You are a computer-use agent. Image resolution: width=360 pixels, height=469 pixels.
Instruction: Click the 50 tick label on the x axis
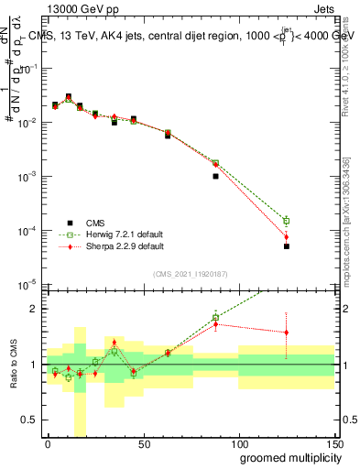pos(143,444)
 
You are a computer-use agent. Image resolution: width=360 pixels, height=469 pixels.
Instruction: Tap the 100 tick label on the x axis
pos(238,444)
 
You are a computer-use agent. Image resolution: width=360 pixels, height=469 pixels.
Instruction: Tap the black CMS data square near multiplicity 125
pos(287,246)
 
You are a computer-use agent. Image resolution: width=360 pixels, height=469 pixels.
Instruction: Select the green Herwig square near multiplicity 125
pos(287,221)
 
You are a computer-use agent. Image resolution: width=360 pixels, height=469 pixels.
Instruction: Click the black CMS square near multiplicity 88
pos(215,176)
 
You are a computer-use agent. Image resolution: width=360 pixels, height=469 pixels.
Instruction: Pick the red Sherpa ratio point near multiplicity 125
pos(287,333)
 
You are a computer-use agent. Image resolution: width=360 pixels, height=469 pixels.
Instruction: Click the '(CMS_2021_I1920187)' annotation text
pos(190,273)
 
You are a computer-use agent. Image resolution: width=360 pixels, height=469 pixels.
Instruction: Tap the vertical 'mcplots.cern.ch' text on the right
pos(350,229)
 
